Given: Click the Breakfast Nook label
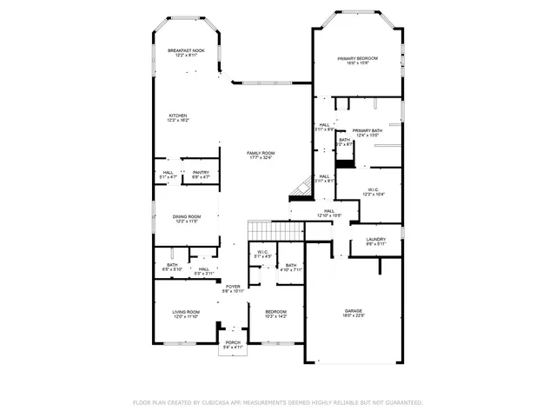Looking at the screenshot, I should pyautogui.click(x=186, y=53).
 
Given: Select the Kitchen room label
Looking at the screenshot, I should pyautogui.click(x=178, y=117).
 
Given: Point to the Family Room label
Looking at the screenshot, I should pyautogui.click(x=261, y=156).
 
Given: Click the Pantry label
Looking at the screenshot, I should pyautogui.click(x=201, y=175).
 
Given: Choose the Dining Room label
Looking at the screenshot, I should pyautogui.click(x=186, y=219).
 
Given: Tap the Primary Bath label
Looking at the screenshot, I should pyautogui.click(x=367, y=133).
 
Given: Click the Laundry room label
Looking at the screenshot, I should pyautogui.click(x=375, y=242).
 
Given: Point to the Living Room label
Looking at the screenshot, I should pyautogui.click(x=185, y=314).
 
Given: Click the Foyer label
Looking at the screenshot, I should pyautogui.click(x=233, y=288).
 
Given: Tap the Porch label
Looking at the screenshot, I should pyautogui.click(x=233, y=345).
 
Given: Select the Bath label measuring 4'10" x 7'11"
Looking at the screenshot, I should pyautogui.click(x=291, y=268).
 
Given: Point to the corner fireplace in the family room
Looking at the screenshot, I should pyautogui.click(x=300, y=187).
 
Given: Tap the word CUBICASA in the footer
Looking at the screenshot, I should pyautogui.click(x=218, y=403).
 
